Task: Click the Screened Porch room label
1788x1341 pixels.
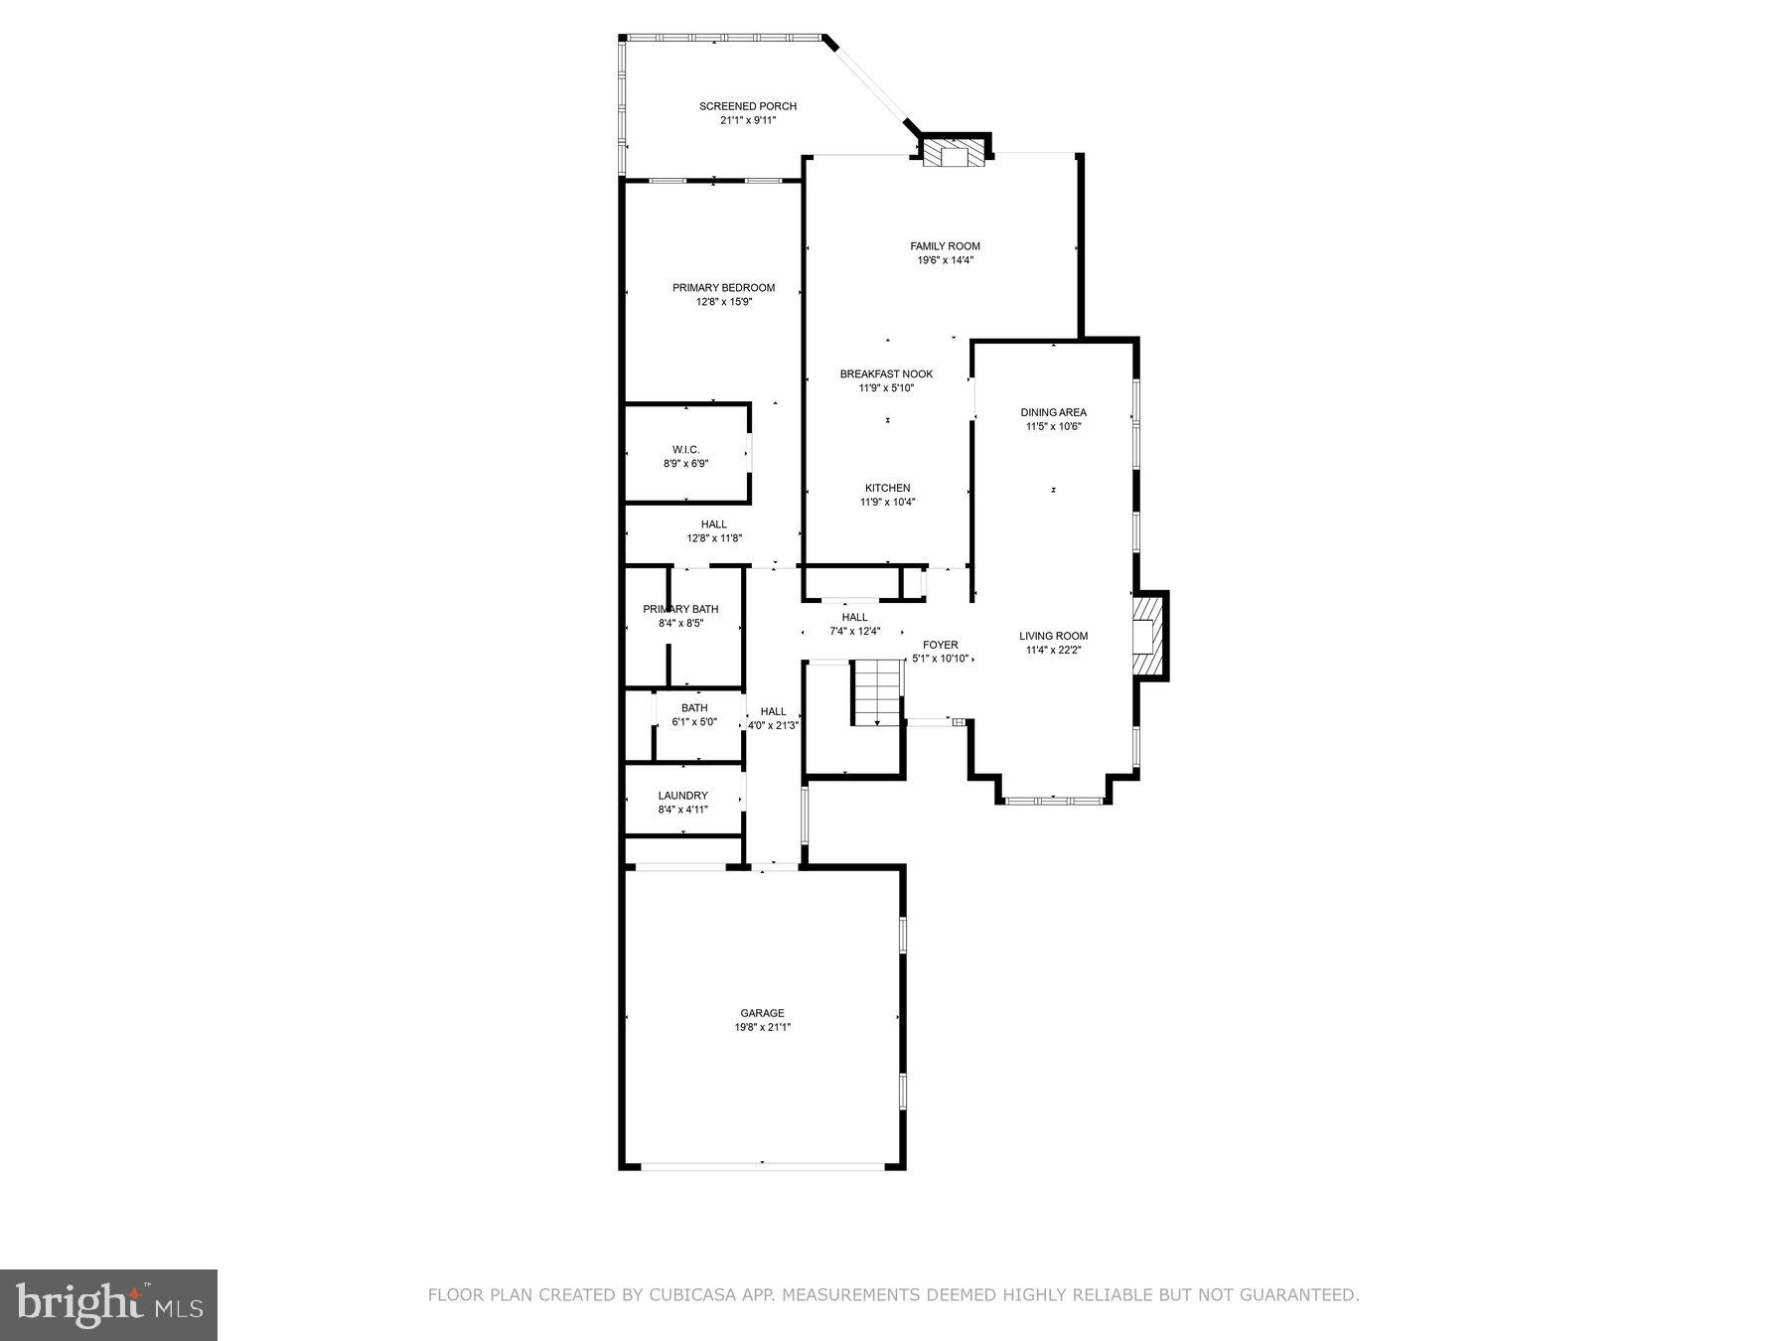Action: [747, 106]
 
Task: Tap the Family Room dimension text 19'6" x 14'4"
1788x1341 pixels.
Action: [945, 260]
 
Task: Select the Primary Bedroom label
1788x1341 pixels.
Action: [723, 288]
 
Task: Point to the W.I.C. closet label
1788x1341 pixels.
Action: [685, 450]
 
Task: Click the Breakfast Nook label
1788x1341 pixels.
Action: [886, 374]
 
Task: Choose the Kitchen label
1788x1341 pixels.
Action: [887, 488]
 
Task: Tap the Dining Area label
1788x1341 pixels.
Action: [1053, 412]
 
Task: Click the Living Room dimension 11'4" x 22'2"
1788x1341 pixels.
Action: [1053, 651]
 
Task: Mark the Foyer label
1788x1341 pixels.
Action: [940, 645]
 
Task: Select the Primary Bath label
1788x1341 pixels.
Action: [680, 609]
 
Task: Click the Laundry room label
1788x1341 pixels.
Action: [682, 796]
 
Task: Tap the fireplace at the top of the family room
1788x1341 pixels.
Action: [954, 153]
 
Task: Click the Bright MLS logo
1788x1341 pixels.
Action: [108, 1304]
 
